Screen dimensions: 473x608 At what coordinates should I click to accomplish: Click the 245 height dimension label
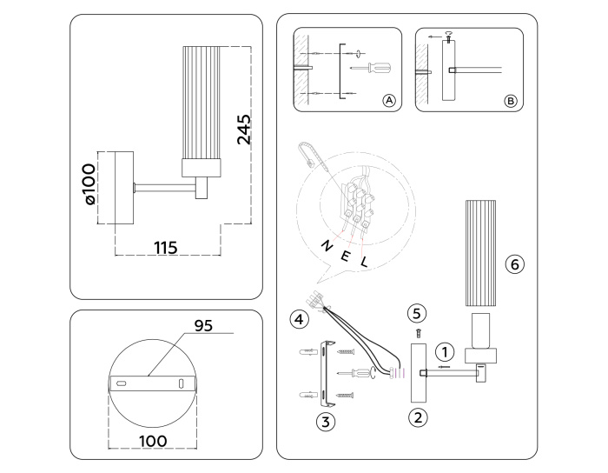pyautogui.click(x=244, y=129)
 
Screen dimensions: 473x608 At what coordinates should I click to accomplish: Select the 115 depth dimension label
pyautogui.click(x=165, y=248)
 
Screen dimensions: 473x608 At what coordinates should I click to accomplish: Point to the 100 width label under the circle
pyautogui.click(x=153, y=442)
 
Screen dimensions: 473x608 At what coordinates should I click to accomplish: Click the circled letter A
pyautogui.click(x=389, y=102)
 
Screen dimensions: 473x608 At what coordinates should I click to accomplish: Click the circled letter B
pyautogui.click(x=511, y=102)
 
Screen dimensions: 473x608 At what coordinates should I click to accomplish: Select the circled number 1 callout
pyautogui.click(x=444, y=352)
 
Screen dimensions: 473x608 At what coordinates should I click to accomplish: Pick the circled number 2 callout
pyautogui.click(x=418, y=416)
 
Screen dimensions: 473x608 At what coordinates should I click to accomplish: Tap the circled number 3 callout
pyautogui.click(x=325, y=422)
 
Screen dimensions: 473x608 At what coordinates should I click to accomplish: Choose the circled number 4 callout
pyautogui.click(x=299, y=319)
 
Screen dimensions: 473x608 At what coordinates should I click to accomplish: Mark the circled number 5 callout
pyautogui.click(x=417, y=311)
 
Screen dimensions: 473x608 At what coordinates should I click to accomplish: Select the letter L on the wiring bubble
pyautogui.click(x=364, y=261)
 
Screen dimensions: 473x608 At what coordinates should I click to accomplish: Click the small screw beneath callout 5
pyautogui.click(x=418, y=331)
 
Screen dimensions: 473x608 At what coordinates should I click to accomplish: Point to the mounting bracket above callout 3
pyautogui.click(x=326, y=373)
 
